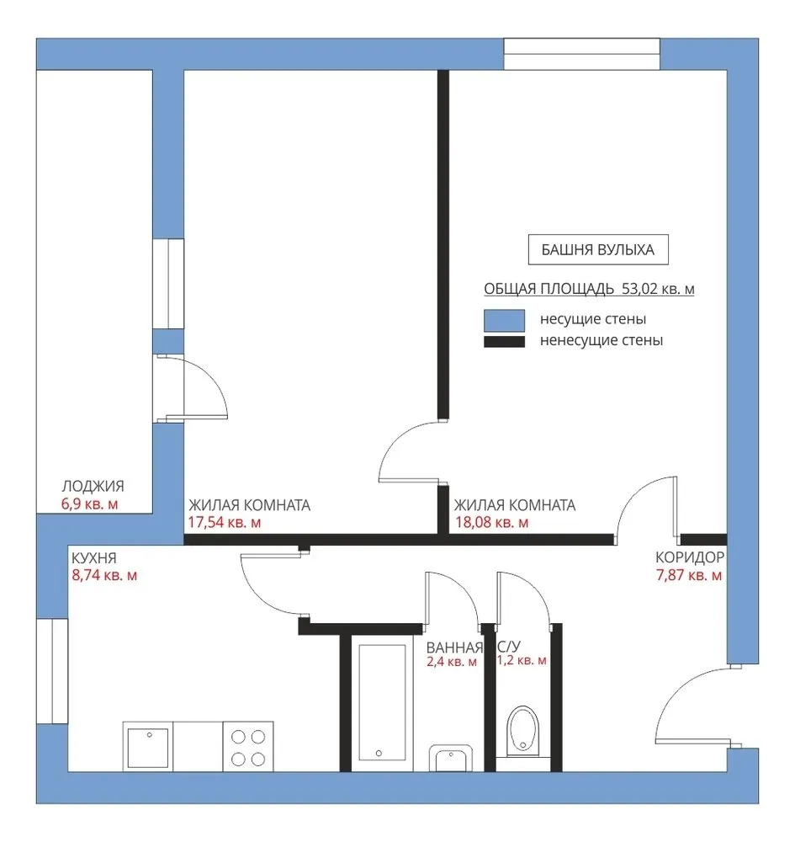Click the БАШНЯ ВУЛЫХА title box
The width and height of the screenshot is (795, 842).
click(x=598, y=250)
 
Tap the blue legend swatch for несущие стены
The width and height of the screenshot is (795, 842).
click(x=504, y=320)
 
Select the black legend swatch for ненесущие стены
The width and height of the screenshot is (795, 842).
click(x=504, y=342)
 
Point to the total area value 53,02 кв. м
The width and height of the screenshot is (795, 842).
click(x=658, y=289)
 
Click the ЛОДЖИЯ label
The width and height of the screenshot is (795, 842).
click(x=93, y=486)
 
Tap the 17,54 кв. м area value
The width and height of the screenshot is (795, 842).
click(x=225, y=523)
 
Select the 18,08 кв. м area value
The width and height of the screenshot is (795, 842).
click(x=492, y=523)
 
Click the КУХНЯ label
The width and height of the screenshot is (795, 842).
click(x=94, y=558)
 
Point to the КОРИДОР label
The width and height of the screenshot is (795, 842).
click(x=690, y=557)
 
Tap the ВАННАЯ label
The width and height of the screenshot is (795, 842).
click(x=454, y=647)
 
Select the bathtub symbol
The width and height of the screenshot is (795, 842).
click(x=382, y=703)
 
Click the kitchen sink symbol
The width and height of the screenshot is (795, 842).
click(x=148, y=746)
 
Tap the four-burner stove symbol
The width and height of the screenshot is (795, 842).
click(x=248, y=746)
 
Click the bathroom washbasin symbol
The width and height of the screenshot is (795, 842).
click(x=451, y=759)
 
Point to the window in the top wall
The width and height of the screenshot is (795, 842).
click(x=582, y=54)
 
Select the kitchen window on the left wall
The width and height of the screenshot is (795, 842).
click(x=52, y=671)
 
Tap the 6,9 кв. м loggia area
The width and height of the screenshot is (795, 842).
click(x=89, y=504)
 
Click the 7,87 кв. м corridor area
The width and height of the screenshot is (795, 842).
click(x=689, y=576)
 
